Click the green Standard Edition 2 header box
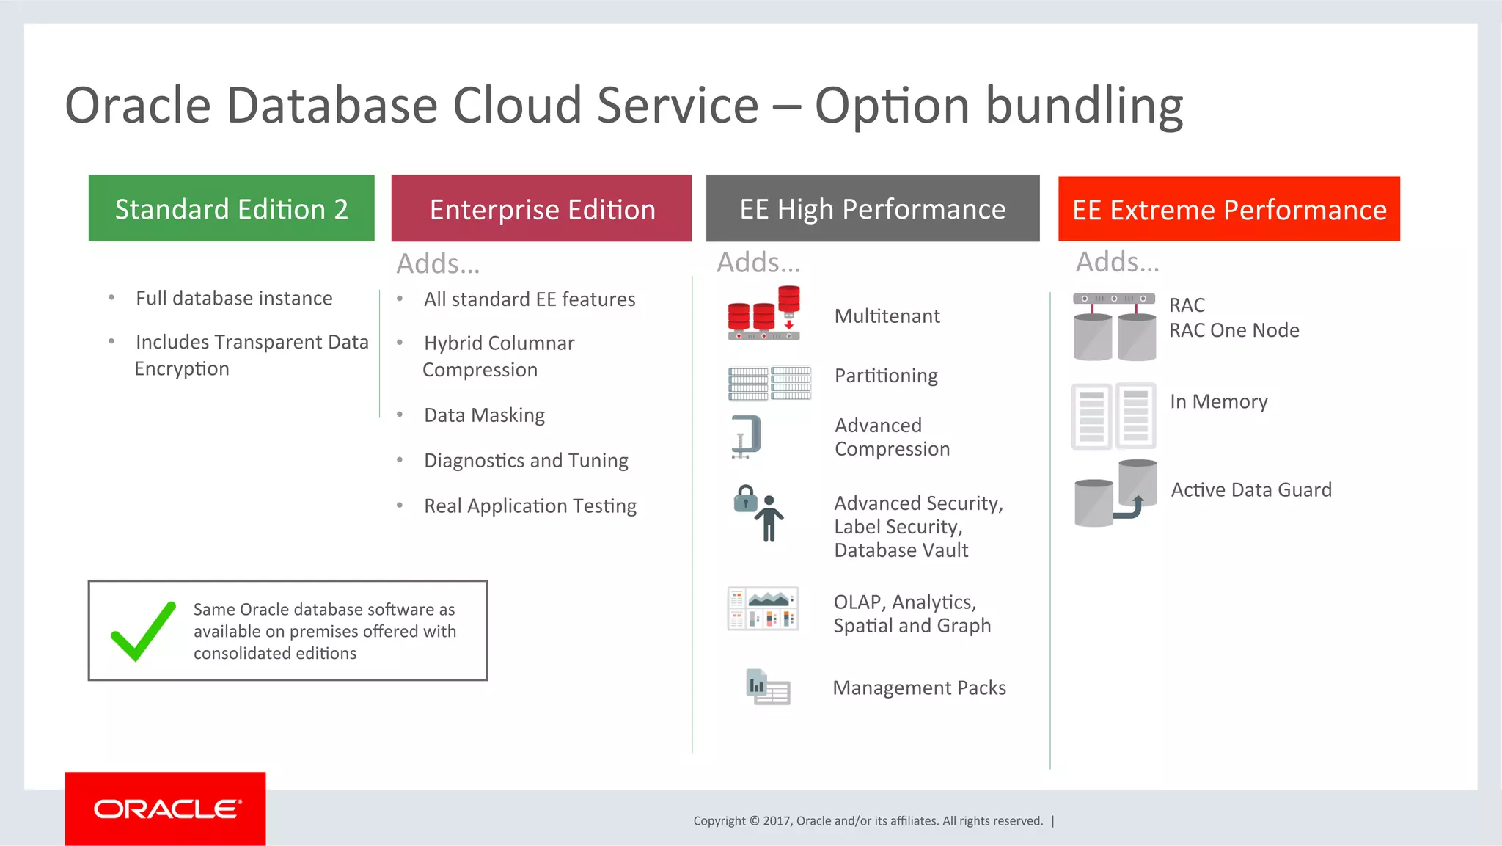click(x=231, y=208)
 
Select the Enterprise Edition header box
click(x=541, y=208)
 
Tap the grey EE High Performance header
click(x=872, y=208)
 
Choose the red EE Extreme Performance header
click(x=1228, y=209)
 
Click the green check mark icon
click(x=142, y=631)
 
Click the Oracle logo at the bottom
click(x=166, y=809)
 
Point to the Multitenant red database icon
click(x=763, y=313)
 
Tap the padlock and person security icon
click(x=760, y=513)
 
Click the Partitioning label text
click(x=886, y=376)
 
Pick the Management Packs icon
click(x=768, y=688)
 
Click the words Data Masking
click(x=484, y=415)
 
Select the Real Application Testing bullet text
click(x=530, y=506)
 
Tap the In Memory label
click(x=1218, y=402)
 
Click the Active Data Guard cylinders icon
click(x=1115, y=493)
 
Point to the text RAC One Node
click(x=1234, y=331)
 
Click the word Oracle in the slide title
click(x=138, y=106)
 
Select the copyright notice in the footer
click(x=868, y=820)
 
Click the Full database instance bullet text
click(x=234, y=299)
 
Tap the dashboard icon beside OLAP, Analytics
click(x=763, y=609)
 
